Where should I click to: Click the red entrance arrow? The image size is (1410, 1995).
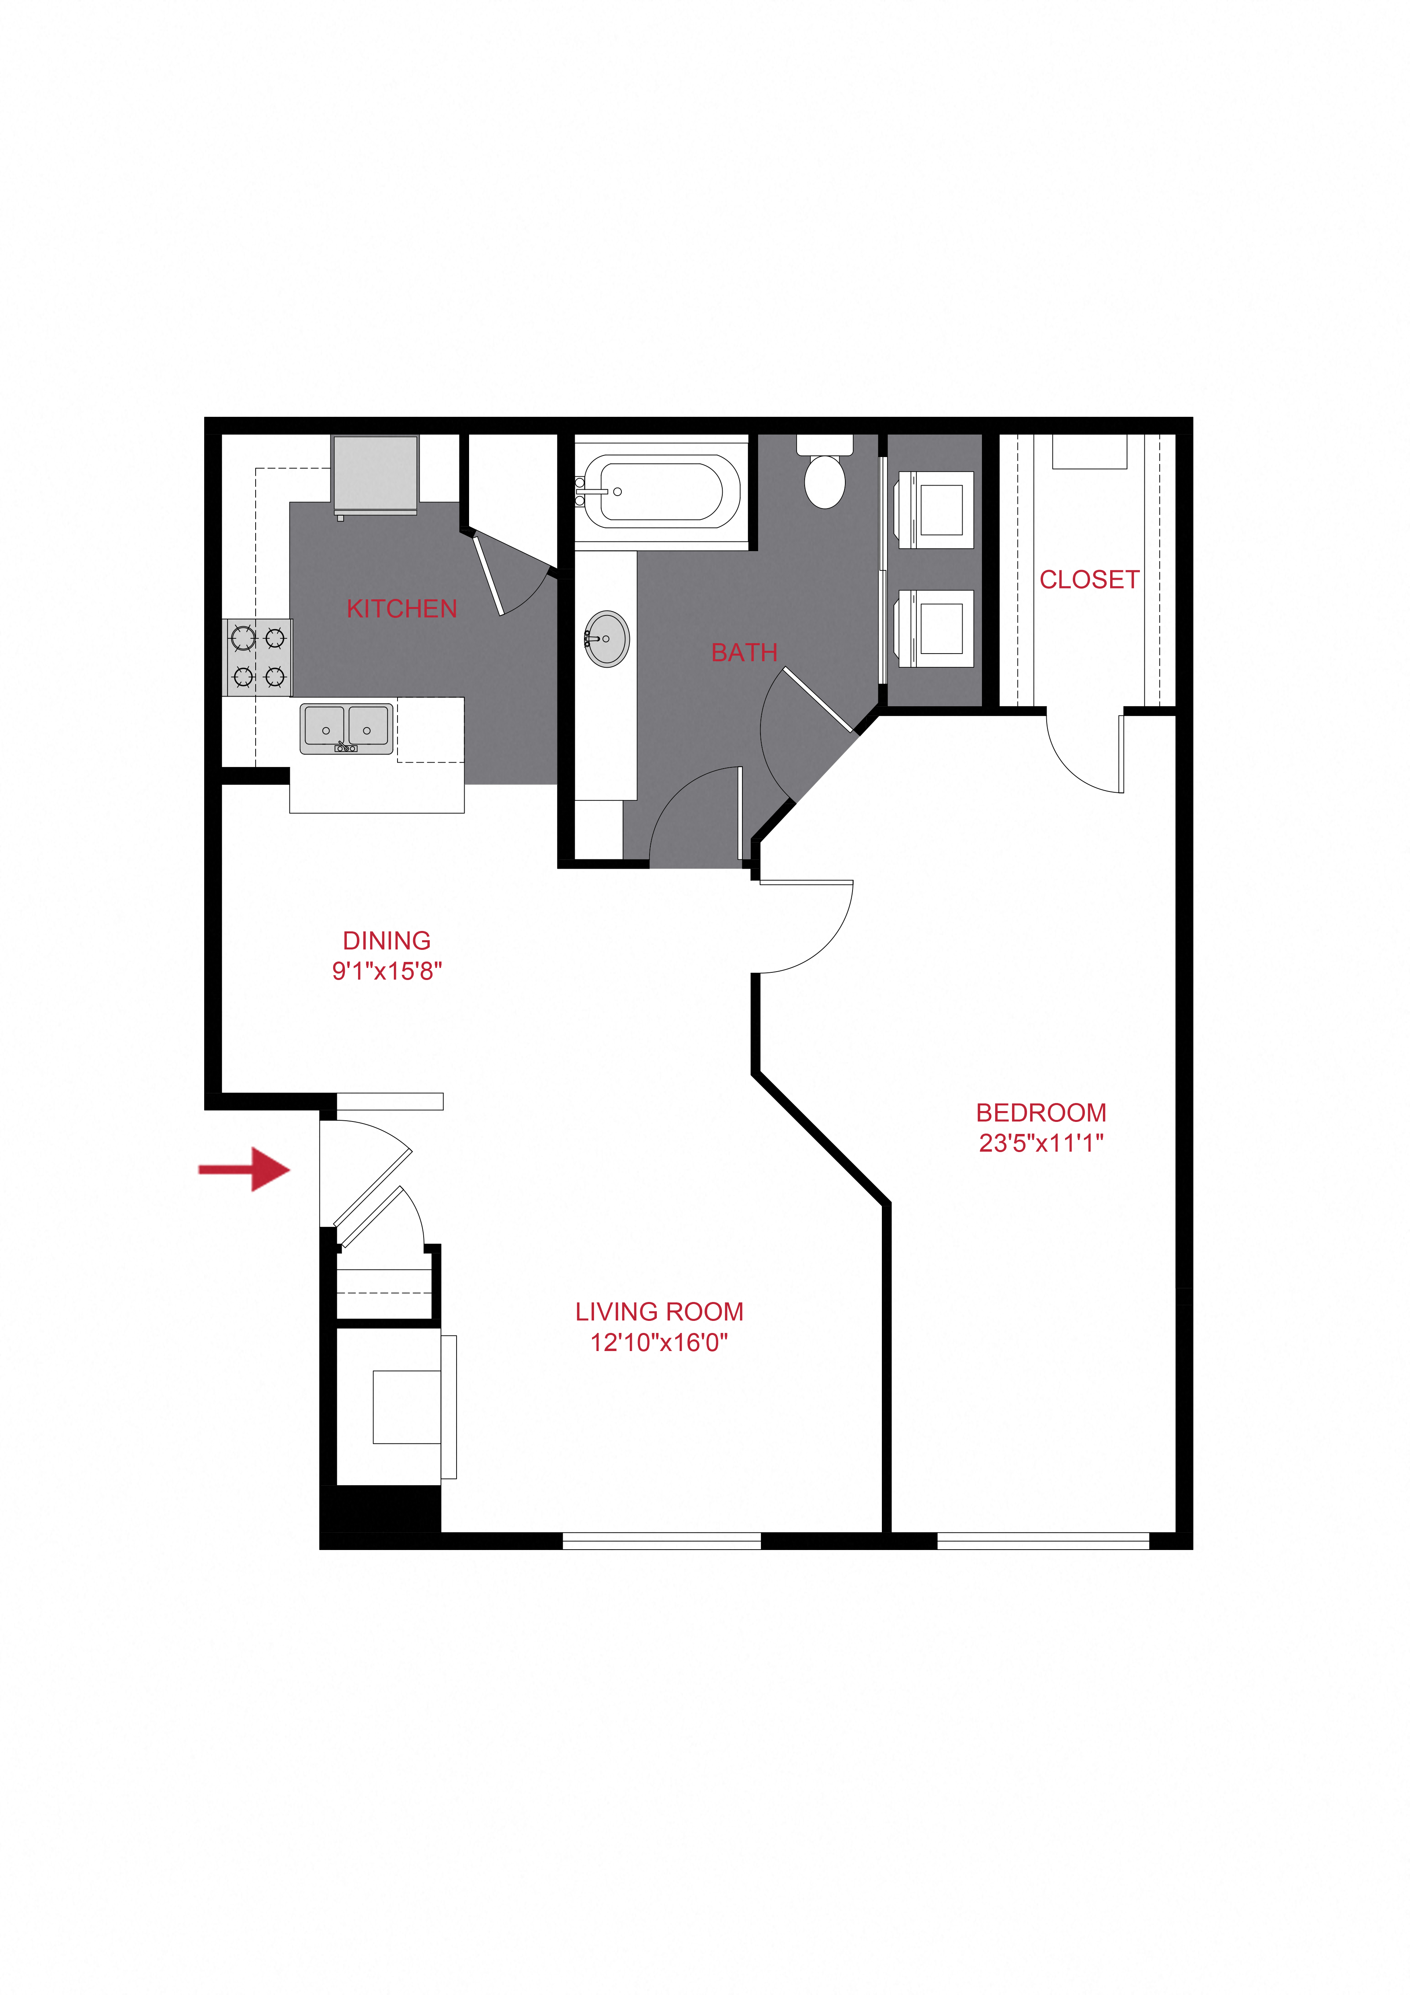244,1169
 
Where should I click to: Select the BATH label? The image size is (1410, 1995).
744,652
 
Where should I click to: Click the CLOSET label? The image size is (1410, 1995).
1089,580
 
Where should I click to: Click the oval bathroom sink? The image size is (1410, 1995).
607,639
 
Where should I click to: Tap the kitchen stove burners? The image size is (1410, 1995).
258,657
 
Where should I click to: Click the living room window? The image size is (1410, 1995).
662,1540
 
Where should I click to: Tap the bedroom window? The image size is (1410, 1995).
1043,1540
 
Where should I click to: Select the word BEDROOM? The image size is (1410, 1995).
1041,1113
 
